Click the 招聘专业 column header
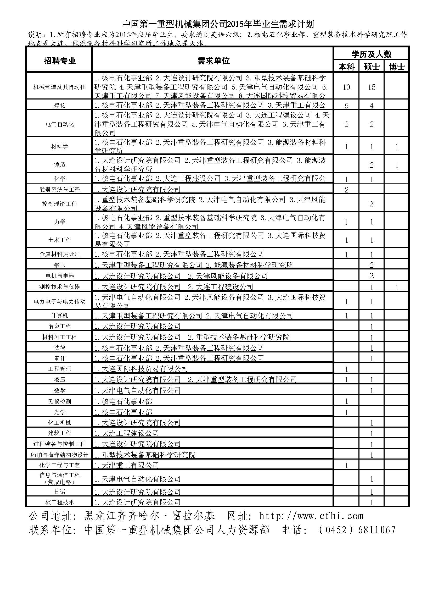(60, 61)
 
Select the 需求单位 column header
(213, 60)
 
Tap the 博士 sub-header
(396, 67)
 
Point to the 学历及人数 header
(371, 54)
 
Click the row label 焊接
(59, 106)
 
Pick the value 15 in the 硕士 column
(371, 87)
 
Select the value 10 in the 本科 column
(346, 87)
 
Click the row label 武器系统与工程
(59, 190)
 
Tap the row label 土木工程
(59, 240)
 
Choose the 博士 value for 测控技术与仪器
(396, 287)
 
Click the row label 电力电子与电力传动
(59, 301)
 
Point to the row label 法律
(59, 348)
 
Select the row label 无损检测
(59, 401)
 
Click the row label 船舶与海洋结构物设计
(59, 455)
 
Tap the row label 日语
(59, 492)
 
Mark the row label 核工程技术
(59, 502)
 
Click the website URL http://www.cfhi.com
(311, 516)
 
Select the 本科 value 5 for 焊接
(346, 106)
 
